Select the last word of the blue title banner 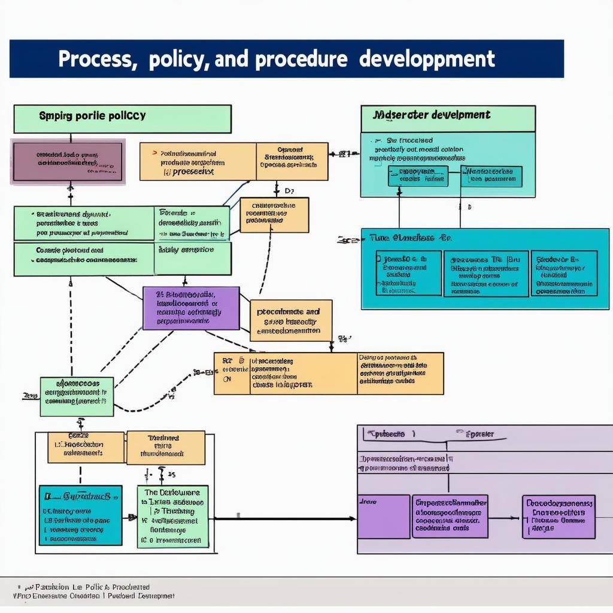tap(429, 59)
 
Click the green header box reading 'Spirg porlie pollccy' tap(122, 118)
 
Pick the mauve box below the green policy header tap(68, 162)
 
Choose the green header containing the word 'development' tap(448, 118)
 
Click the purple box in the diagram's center tap(191, 308)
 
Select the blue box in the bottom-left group tap(80, 515)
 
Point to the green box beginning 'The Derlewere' tap(173, 516)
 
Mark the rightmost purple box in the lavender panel tap(559, 517)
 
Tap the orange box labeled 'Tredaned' tap(166, 447)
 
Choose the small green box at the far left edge tap(77, 396)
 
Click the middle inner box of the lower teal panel tap(485, 274)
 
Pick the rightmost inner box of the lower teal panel tap(564, 274)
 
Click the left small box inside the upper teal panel tap(418, 176)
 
